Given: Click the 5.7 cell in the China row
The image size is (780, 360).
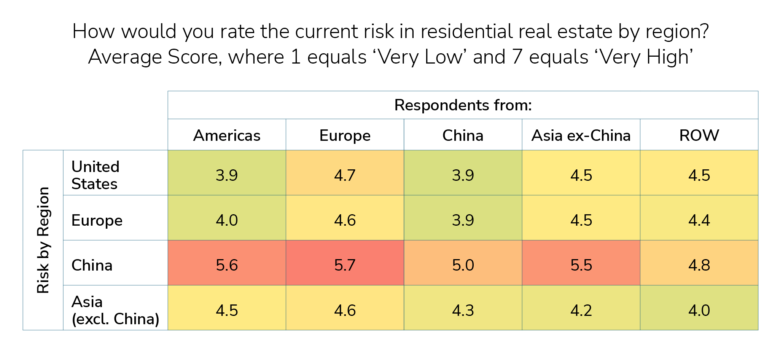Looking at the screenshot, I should pos(345,265).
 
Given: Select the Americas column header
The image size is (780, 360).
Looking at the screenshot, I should pos(227,135).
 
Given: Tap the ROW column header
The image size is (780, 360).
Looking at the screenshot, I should pos(699,135).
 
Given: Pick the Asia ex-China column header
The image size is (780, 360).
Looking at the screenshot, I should pos(581,135).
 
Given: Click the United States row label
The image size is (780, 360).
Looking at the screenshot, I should pos(96,175).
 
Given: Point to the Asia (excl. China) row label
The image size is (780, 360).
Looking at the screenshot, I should pos(115,310).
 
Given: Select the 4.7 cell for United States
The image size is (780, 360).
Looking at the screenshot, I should pos(345,175).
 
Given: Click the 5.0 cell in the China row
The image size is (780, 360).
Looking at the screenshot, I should pos(463,265).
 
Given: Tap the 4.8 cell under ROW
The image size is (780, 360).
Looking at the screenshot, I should pos(699,265).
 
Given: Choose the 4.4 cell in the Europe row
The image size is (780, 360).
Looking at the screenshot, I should pos(699,220).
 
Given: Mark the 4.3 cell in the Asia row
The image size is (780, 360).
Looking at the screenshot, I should pos(463,310).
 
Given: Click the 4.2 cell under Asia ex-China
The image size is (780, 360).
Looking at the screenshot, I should pos(581,310).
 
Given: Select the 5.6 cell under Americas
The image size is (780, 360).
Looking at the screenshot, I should pos(227,265).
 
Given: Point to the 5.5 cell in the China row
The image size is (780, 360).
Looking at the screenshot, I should pos(581,265).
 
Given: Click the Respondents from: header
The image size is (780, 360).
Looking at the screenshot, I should pos(463,105).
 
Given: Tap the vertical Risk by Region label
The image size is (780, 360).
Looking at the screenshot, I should pos(43,240).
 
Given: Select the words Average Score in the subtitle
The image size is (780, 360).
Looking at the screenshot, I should pos(154,57).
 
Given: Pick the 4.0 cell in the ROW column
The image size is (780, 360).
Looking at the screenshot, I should pos(699,310).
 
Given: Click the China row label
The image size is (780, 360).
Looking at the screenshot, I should pos(92,265).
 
